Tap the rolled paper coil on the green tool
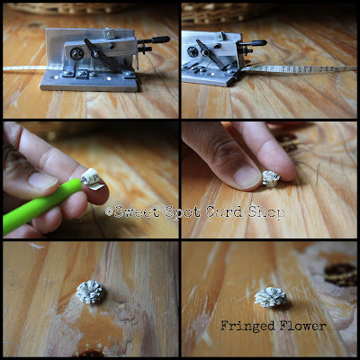click(92, 178)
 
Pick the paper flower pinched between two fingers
click(271, 179)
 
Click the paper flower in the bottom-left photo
click(90, 292)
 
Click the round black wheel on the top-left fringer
click(76, 54)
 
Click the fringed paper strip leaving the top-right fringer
click(300, 69)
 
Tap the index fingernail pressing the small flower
click(247, 177)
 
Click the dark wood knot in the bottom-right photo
click(341, 274)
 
